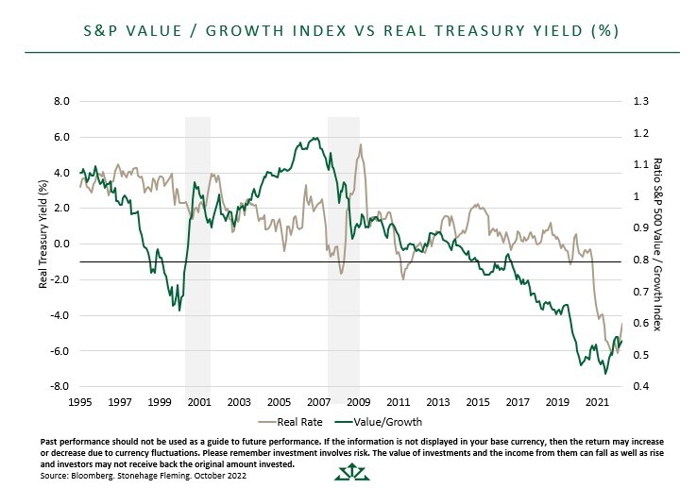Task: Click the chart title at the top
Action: coord(348,30)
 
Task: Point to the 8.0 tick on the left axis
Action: coord(61,101)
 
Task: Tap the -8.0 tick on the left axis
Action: coord(59,386)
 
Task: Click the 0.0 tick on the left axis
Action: coord(61,244)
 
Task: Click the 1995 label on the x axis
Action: coord(80,402)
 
